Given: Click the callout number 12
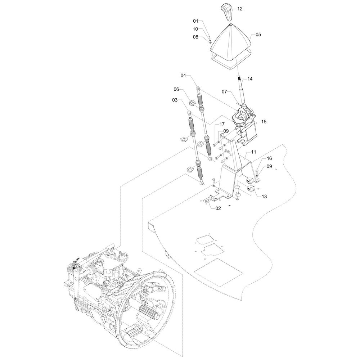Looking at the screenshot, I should coord(240,8).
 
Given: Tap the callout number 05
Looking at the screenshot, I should coord(258,35).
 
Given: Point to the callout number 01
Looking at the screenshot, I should coord(195,21).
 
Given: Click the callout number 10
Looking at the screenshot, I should coord(195,29).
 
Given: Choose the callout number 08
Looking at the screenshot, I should coord(195,37).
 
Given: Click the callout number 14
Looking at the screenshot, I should coord(250,78).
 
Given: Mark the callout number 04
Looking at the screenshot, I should coord(183,76).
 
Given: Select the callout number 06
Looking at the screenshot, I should coord(176,89).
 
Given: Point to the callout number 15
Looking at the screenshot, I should coord(264,122).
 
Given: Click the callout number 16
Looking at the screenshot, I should coord(269,158).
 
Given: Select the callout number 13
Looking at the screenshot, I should coord(264,197).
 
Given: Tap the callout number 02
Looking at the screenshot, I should coord(219,208).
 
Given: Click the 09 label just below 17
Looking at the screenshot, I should coord(226,131).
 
